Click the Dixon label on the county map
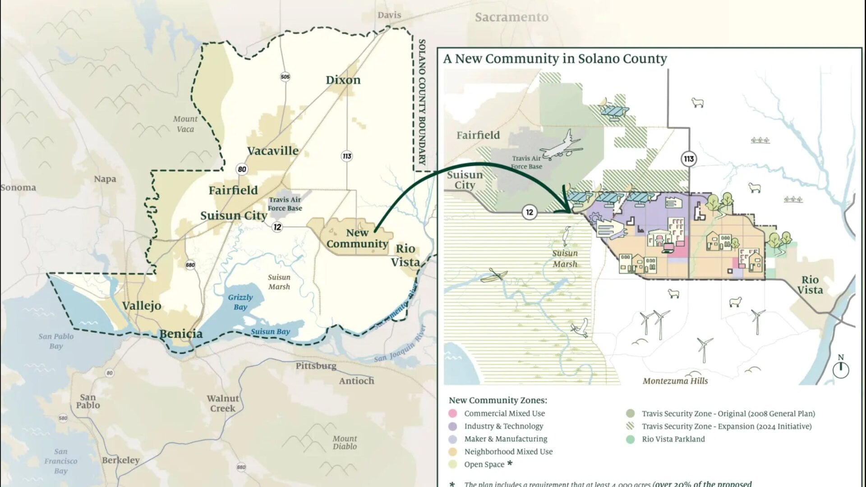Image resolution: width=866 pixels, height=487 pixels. click(x=343, y=80)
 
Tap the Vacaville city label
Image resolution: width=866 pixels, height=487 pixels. click(x=272, y=151)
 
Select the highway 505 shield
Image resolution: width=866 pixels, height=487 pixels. click(x=285, y=77)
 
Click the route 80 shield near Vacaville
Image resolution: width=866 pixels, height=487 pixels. click(x=242, y=170)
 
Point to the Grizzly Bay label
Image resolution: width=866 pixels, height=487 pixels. click(x=240, y=302)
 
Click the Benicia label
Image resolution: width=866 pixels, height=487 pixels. click(x=181, y=334)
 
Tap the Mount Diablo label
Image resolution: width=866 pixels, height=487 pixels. click(x=345, y=442)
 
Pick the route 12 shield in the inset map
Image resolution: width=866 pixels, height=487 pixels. click(x=529, y=212)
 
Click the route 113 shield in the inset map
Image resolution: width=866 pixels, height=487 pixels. click(x=688, y=159)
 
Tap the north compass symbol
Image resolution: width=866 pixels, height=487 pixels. click(x=840, y=368)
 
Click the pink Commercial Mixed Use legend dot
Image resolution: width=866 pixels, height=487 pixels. click(x=453, y=413)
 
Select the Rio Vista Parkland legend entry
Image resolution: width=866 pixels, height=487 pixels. click(x=673, y=439)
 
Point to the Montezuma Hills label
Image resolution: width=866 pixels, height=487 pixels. click(x=675, y=381)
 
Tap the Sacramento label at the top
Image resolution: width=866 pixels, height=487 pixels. click(x=511, y=18)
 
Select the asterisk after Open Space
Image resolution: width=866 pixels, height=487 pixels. click(x=510, y=463)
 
